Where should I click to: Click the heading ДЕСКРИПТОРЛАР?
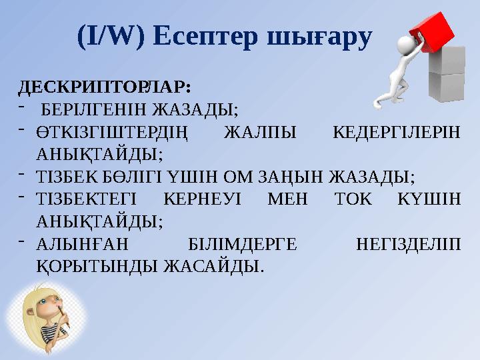[103, 87]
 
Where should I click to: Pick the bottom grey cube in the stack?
[445, 87]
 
